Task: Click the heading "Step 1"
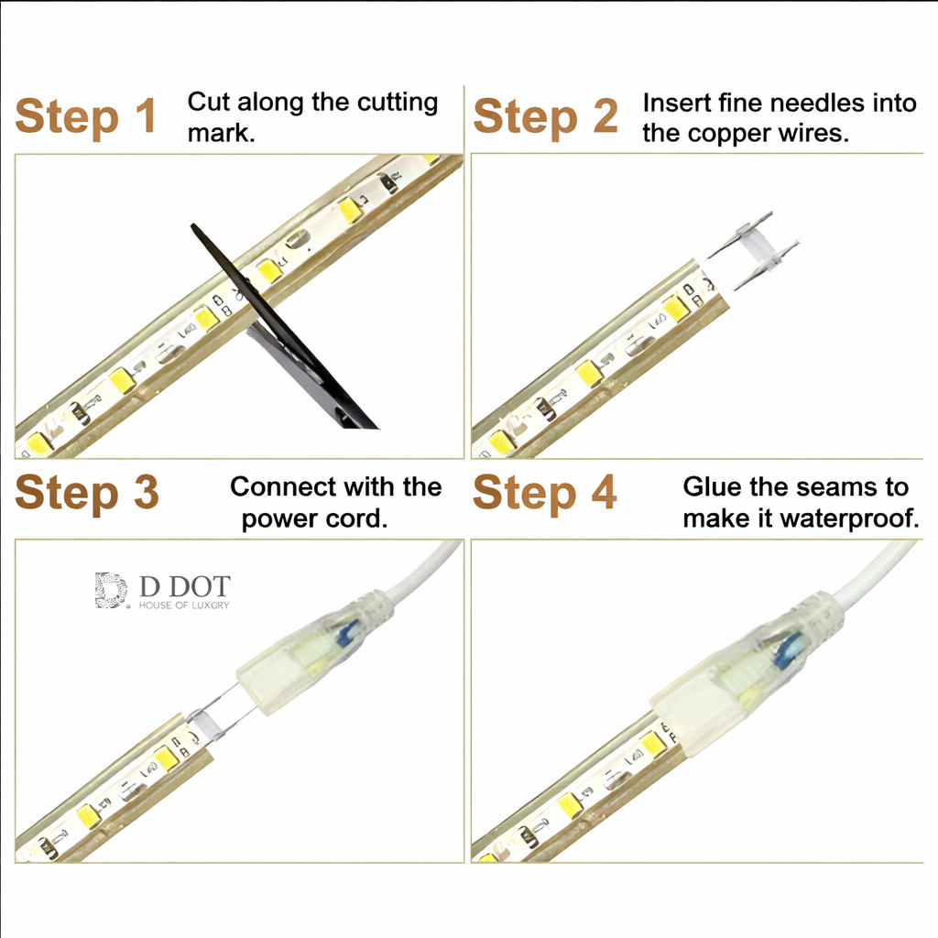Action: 86,117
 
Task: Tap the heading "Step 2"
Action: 545,117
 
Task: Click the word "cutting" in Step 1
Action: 398,103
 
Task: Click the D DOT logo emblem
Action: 111,591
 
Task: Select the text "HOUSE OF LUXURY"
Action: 184,605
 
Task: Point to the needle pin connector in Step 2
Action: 755,250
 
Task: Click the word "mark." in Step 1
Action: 222,133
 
